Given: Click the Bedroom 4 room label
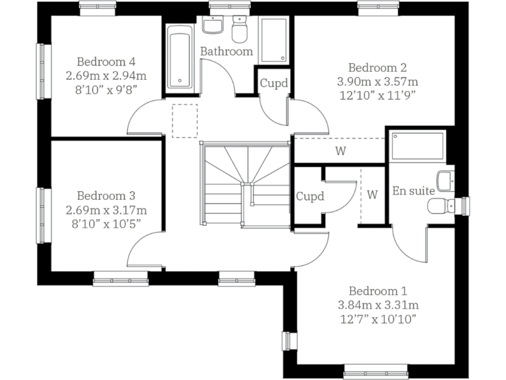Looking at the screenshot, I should (105, 62).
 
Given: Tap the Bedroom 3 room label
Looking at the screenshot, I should (105, 196).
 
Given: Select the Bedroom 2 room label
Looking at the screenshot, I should (378, 67).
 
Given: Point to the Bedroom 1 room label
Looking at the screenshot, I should (378, 291).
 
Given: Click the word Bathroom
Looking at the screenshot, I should (227, 51).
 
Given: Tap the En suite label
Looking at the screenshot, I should (413, 191).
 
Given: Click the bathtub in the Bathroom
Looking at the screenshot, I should (179, 57).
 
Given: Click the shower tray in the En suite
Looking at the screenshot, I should (418, 146).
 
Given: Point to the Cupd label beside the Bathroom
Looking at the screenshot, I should (273, 84).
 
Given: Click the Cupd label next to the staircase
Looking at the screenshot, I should (310, 197).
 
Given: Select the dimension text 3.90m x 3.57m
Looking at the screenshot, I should (378, 82).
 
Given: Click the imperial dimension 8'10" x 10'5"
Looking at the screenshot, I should (105, 224).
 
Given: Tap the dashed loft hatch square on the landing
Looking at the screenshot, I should (184, 121).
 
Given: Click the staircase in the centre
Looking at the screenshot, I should (245, 185).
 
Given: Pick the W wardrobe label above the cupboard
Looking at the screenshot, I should (340, 151).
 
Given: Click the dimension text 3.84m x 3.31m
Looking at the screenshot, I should (378, 305).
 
